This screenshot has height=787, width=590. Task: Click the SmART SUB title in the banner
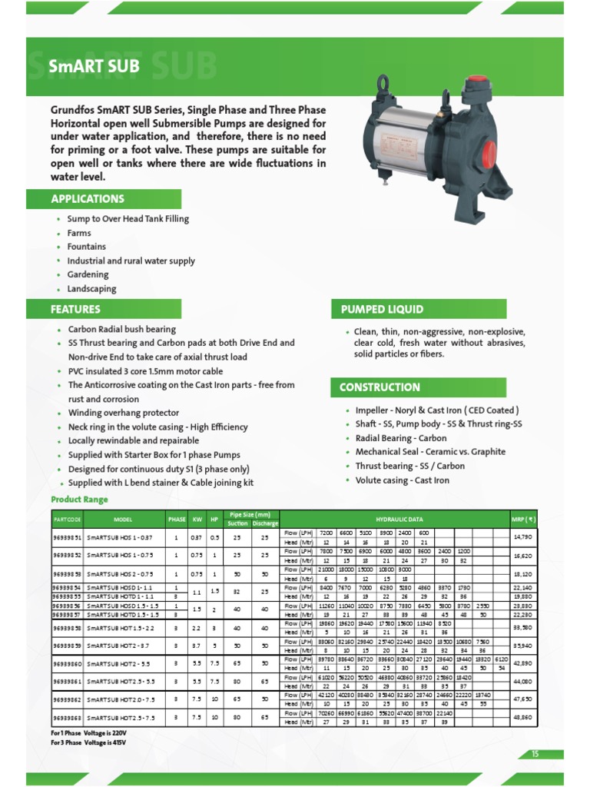point(94,66)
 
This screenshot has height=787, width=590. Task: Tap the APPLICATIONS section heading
point(88,199)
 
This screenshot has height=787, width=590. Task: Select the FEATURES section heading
point(76,310)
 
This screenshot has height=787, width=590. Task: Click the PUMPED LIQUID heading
point(382,310)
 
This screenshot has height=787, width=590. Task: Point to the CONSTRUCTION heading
point(380,387)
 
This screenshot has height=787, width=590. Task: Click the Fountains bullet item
point(87,247)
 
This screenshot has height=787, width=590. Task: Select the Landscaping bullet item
point(91,289)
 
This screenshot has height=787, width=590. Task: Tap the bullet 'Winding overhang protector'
point(124,413)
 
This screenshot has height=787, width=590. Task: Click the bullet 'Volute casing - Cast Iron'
point(403,480)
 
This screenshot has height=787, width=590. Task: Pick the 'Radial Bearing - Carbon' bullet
point(401,438)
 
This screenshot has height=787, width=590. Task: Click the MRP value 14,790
point(522,537)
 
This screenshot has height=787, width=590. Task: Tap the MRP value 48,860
point(522,718)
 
